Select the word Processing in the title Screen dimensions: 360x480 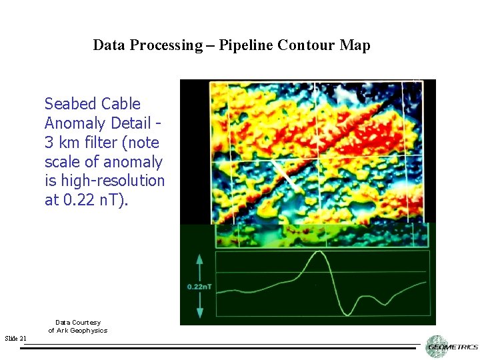pos(170,45)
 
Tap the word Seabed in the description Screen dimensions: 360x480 pos(71,104)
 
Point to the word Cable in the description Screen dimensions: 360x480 pos(121,104)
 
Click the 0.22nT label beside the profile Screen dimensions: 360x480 pos(199,287)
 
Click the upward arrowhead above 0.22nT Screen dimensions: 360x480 pos(199,259)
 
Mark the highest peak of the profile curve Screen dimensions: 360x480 pos(319,252)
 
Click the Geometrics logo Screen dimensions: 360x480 pos(451,346)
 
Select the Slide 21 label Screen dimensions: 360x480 pos(15,339)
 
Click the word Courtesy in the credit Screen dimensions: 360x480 pos(87,323)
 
